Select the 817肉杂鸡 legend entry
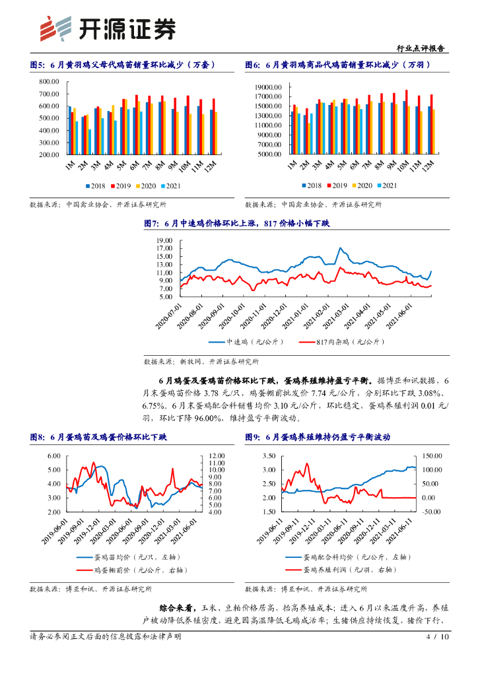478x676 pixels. click(x=324, y=342)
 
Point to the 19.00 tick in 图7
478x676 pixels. click(x=164, y=240)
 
